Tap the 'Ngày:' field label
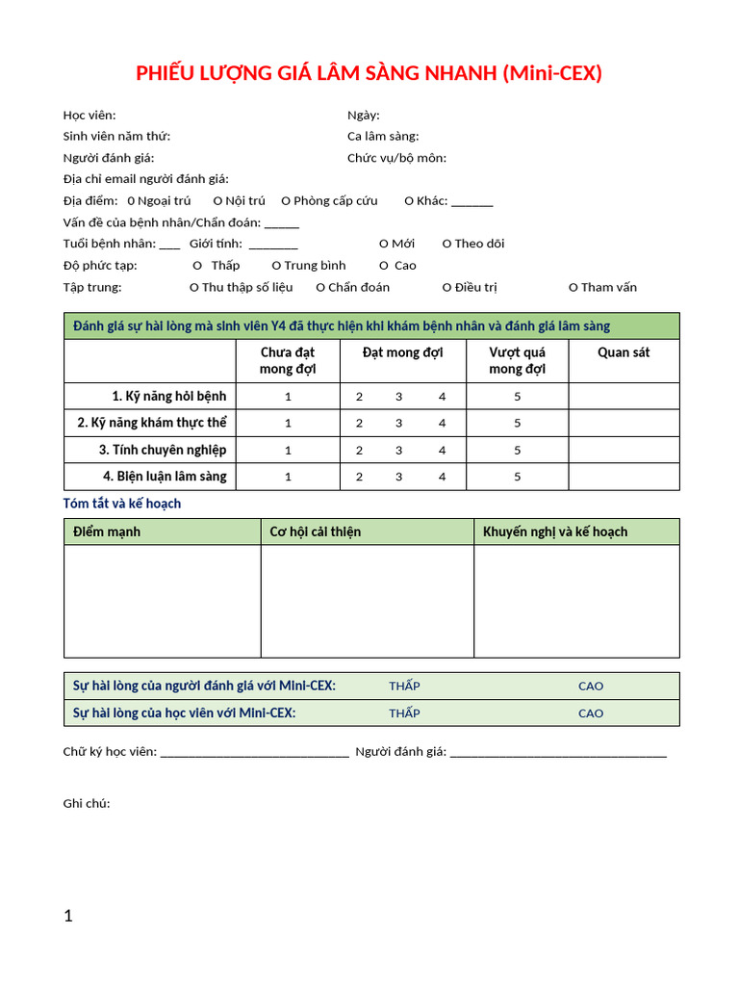click(364, 116)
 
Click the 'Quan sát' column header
click(624, 352)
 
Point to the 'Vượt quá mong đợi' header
click(517, 360)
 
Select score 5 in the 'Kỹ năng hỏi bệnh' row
click(517, 397)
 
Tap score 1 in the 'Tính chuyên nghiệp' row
click(288, 450)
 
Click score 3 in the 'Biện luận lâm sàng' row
click(398, 477)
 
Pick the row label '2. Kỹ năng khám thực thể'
click(152, 423)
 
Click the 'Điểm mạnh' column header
click(107, 532)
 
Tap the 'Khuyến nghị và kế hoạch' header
click(555, 532)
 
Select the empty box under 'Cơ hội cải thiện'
click(367, 601)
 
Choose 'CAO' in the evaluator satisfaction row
click(591, 687)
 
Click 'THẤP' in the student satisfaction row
click(404, 714)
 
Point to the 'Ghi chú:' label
click(87, 804)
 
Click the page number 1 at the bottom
click(68, 917)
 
